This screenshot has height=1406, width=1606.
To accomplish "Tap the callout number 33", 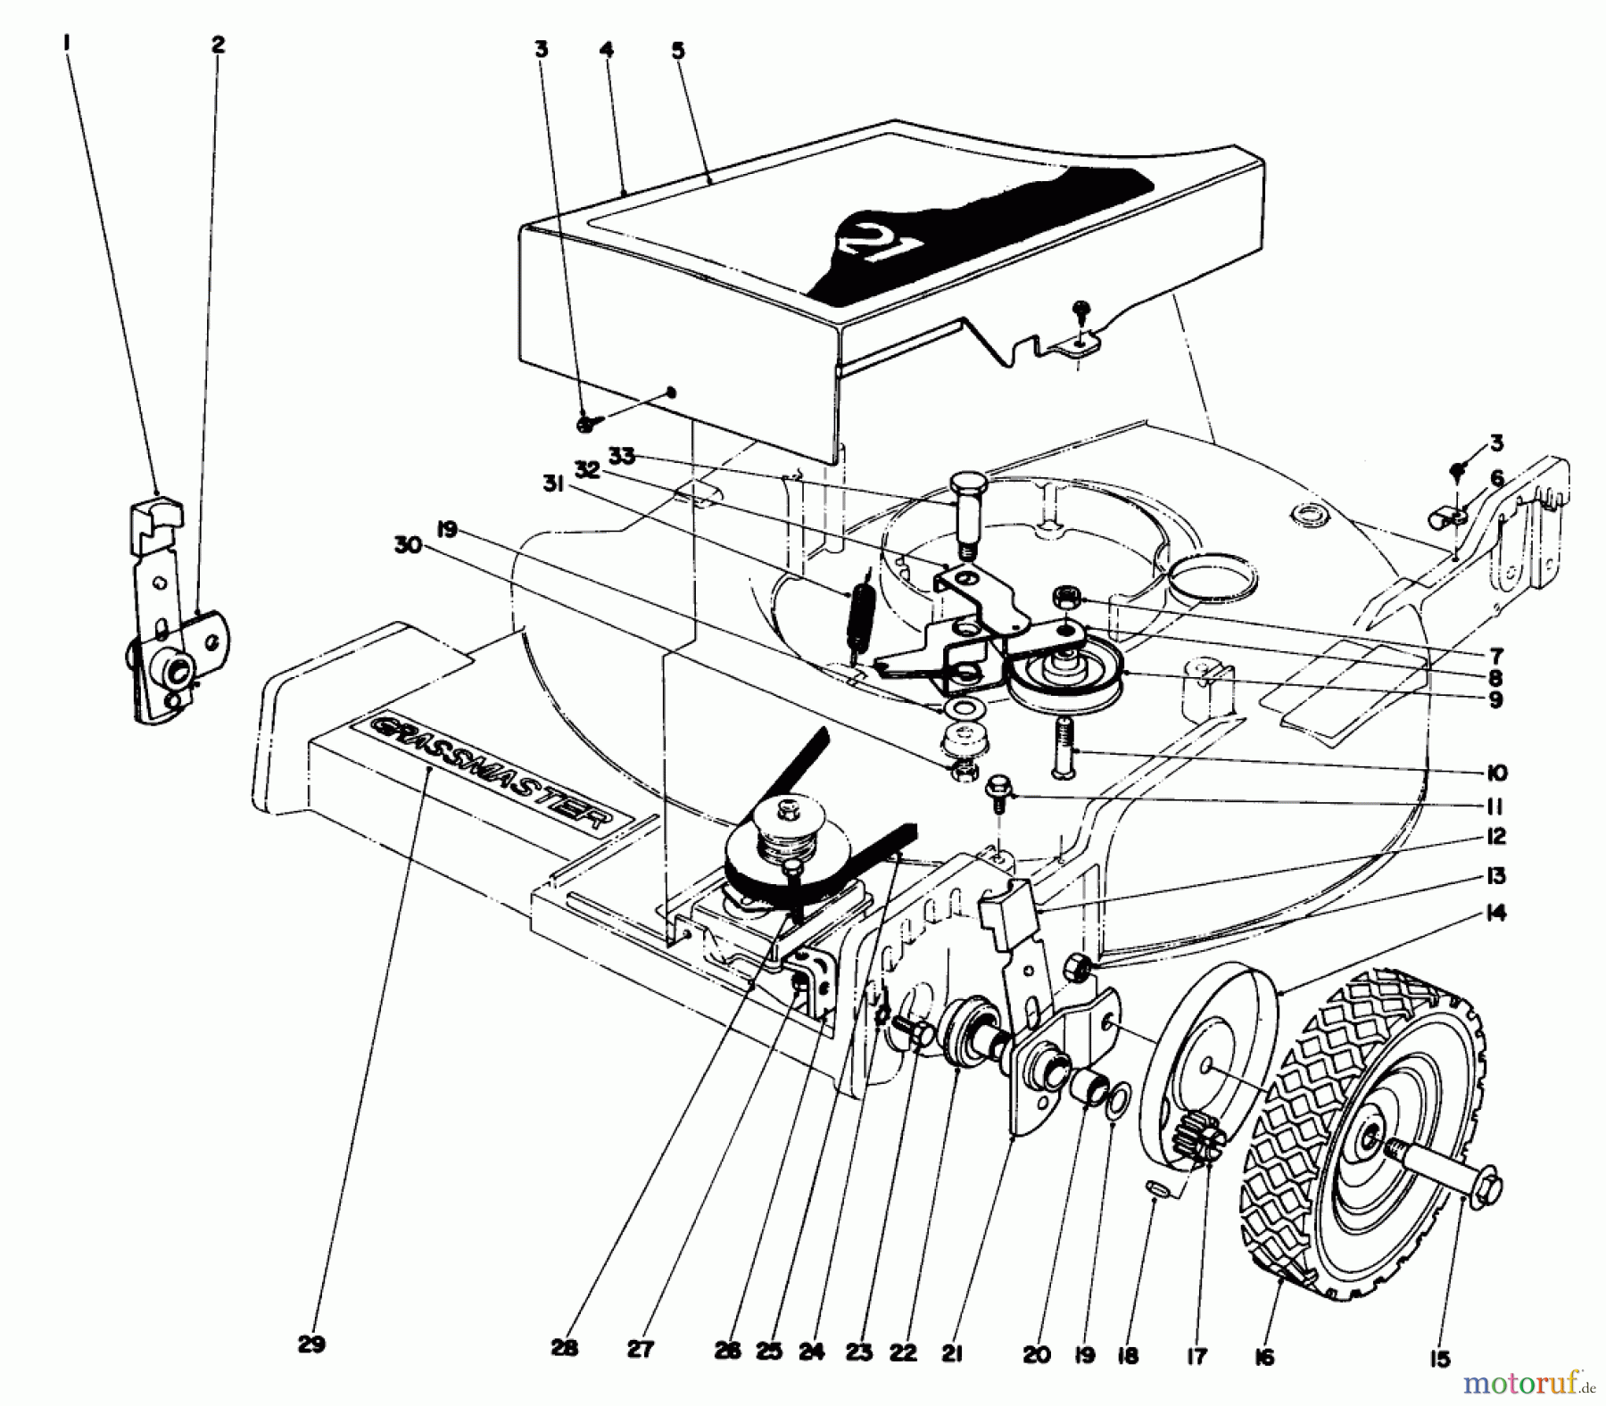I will point(622,457).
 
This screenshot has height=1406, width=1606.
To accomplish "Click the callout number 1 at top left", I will point(67,42).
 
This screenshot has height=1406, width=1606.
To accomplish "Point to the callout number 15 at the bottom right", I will point(1437,1359).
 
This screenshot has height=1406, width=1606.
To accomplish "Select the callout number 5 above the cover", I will point(678,51).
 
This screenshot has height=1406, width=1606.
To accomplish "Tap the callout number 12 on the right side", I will point(1495,836).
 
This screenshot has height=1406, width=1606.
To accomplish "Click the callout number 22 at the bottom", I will point(903,1353).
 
